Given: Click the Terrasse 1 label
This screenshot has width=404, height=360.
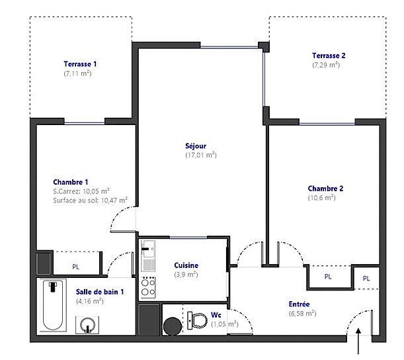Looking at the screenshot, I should click(80, 64).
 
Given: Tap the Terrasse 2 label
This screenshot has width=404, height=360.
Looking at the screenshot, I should click(329, 56).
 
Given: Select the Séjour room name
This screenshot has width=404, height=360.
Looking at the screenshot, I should click(196, 146).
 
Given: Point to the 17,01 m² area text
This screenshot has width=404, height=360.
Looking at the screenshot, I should click(201, 155).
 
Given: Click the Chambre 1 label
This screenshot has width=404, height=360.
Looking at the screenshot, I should click(71, 182).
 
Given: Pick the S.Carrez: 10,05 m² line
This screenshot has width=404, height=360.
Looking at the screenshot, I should click(81, 191).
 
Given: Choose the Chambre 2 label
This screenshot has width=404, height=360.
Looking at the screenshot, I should click(325, 188).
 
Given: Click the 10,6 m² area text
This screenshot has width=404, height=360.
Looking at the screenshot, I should click(321, 197).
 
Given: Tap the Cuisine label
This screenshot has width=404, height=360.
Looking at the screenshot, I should click(186, 265).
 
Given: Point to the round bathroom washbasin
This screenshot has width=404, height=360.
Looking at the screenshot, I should click(88, 324).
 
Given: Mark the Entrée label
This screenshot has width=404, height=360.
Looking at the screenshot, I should click(299, 304).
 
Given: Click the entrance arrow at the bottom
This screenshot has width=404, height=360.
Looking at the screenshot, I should click(358, 344).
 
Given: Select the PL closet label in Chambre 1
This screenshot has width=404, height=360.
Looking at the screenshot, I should click(77, 267).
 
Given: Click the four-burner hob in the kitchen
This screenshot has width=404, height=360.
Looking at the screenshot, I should click(149, 285).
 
